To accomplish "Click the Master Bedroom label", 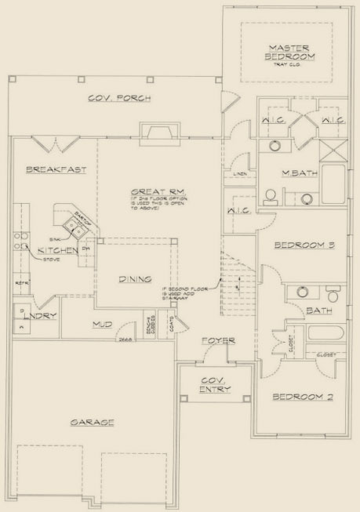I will [x=287, y=52].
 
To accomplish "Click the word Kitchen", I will [x=55, y=249].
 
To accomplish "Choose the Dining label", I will [x=135, y=278].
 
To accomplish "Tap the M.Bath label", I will [x=298, y=175].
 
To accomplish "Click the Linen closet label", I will [x=240, y=174].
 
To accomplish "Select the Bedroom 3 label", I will [x=304, y=245].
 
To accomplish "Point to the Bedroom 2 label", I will [x=303, y=398].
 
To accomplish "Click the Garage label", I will [x=93, y=422].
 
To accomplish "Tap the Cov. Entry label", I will [x=213, y=383].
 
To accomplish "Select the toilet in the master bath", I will [x=268, y=195].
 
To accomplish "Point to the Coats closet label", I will [x=171, y=322].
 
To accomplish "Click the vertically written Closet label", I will [x=291, y=341].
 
